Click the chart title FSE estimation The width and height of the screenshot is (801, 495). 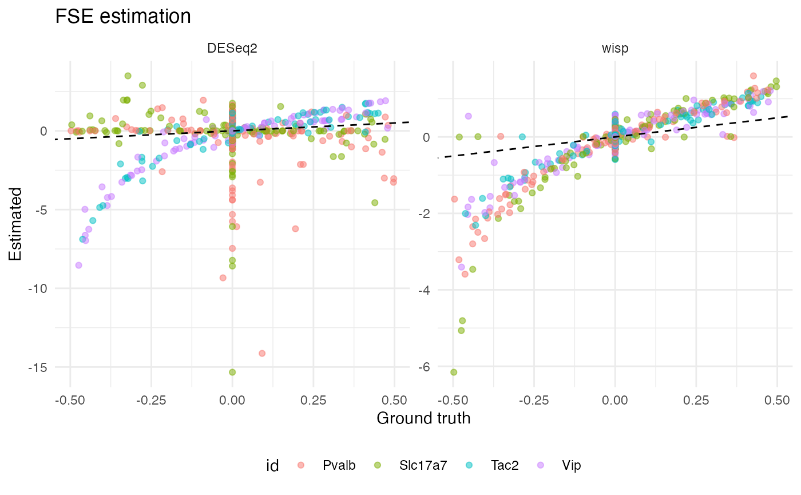(122, 17)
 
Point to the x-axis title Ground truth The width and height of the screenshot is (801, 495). (423, 418)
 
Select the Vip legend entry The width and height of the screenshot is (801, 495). (572, 465)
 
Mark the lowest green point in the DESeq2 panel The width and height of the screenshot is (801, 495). (232, 372)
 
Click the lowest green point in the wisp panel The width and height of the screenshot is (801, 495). (454, 372)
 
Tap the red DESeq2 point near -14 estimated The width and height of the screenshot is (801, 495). (262, 353)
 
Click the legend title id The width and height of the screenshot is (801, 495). (273, 465)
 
